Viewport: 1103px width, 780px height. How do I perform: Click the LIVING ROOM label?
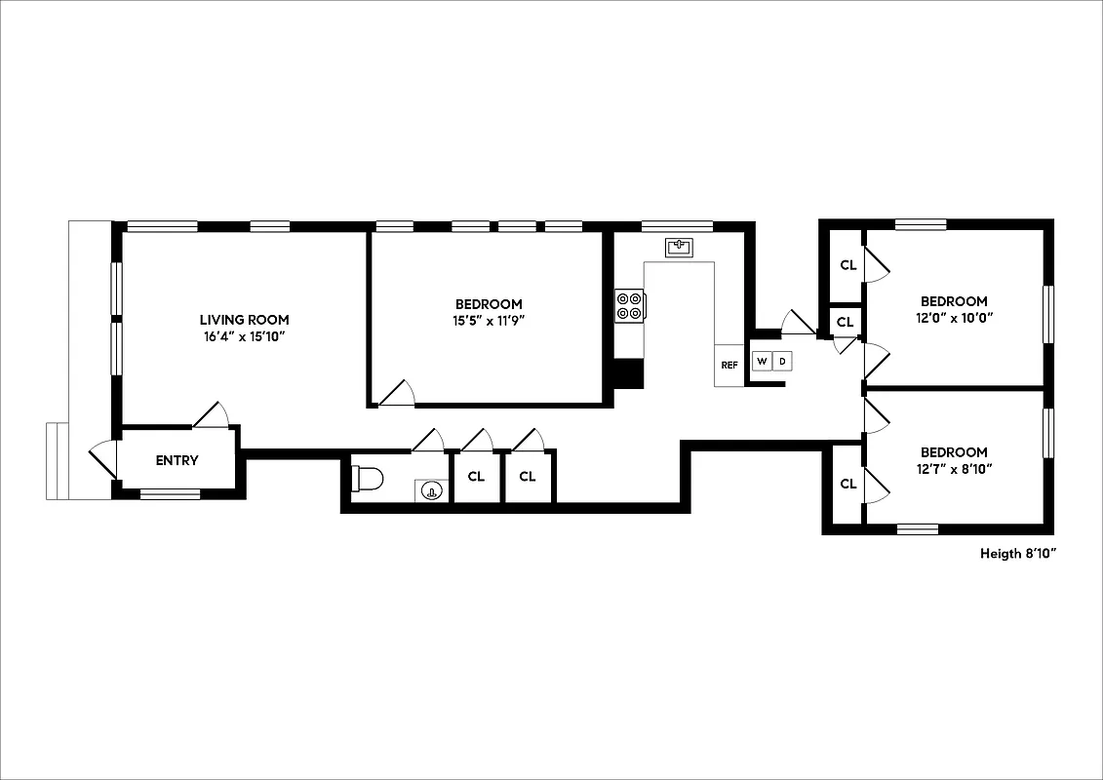(x=244, y=320)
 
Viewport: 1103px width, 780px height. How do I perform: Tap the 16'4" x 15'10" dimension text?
(x=244, y=336)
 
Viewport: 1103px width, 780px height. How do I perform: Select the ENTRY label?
(x=177, y=461)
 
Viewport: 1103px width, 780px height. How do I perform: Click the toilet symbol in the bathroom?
(x=368, y=479)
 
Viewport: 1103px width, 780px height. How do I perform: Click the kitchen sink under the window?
(x=679, y=247)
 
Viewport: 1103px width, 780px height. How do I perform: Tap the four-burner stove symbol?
(x=629, y=306)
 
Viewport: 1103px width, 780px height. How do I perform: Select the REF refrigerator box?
(x=729, y=366)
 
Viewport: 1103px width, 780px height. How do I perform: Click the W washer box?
(x=761, y=362)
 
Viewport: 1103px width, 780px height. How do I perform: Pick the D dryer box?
(x=781, y=362)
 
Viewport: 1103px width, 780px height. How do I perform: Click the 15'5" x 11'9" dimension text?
(x=488, y=321)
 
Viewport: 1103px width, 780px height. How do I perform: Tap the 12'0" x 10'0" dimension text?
(x=954, y=318)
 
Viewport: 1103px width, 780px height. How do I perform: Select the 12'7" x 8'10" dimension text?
(x=954, y=469)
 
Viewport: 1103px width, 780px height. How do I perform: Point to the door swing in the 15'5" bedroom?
(x=399, y=393)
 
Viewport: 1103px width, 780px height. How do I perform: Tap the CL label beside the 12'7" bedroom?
(x=847, y=484)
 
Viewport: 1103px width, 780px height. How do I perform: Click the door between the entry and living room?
(x=212, y=416)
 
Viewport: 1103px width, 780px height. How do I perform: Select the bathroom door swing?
(x=428, y=441)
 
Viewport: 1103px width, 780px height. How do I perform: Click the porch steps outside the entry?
(x=57, y=461)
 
